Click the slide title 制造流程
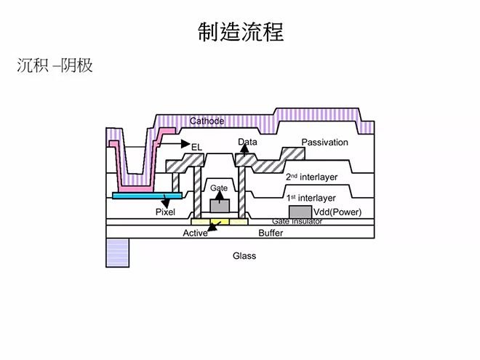[241, 32]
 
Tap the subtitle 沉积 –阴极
[55, 65]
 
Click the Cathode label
[207, 121]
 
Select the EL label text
[197, 147]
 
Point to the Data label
[247, 142]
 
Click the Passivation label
[325, 142]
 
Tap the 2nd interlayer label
[311, 177]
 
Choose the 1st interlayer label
[311, 198]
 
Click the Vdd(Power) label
[337, 212]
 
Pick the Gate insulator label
[297, 221]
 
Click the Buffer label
[271, 233]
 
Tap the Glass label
[244, 255]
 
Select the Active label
[196, 233]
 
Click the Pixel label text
[165, 212]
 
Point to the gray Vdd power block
[300, 212]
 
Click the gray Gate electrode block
[220, 206]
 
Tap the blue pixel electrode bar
[147, 196]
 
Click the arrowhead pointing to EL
[185, 143]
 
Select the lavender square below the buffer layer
[118, 253]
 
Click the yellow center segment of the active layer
[220, 222]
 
